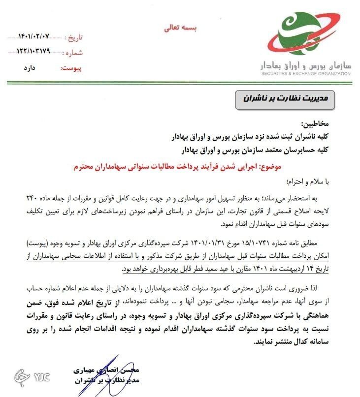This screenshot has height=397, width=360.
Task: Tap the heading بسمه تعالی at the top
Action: pos(180,28)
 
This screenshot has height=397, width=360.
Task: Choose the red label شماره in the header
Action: pos(74,53)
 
